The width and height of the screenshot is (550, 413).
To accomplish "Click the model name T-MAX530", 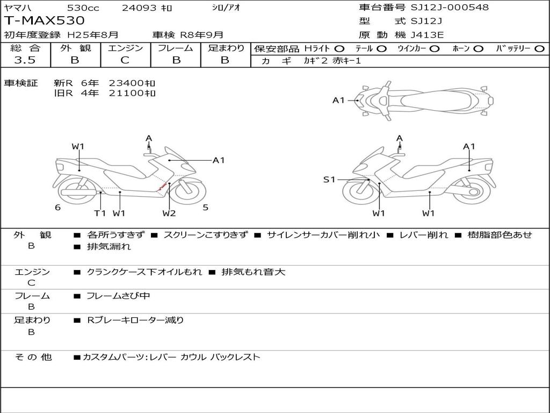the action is [x=44, y=20].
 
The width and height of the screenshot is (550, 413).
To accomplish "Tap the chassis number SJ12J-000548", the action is [x=450, y=8].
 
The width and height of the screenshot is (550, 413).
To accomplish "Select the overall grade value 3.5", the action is [x=25, y=60].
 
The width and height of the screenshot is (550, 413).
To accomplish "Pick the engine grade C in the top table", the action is [x=125, y=60].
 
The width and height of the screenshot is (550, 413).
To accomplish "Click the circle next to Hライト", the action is [x=339, y=49].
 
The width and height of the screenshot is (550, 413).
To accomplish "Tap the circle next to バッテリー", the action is [x=539, y=49].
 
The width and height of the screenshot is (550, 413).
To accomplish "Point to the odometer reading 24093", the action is [x=139, y=8].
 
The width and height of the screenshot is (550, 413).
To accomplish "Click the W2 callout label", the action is [x=169, y=213].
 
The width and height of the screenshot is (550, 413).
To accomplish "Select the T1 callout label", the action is [x=100, y=213].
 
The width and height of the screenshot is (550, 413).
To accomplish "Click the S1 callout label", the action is [x=329, y=180].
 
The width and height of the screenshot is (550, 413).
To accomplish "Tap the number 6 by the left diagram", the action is [x=58, y=208].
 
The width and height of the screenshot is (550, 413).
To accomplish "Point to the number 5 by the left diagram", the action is [x=206, y=208].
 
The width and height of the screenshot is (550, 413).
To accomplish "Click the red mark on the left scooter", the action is [x=162, y=187].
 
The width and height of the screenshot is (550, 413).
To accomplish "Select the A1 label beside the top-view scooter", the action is [x=338, y=101].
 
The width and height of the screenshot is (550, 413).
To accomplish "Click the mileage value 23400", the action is [x=126, y=83].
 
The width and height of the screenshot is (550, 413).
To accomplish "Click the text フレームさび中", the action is [x=118, y=296].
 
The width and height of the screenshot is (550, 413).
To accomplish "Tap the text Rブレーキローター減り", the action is [x=135, y=321].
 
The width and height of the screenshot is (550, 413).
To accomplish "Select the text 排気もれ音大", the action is [x=254, y=272].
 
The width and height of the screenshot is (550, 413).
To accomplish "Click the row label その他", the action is [x=33, y=357].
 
